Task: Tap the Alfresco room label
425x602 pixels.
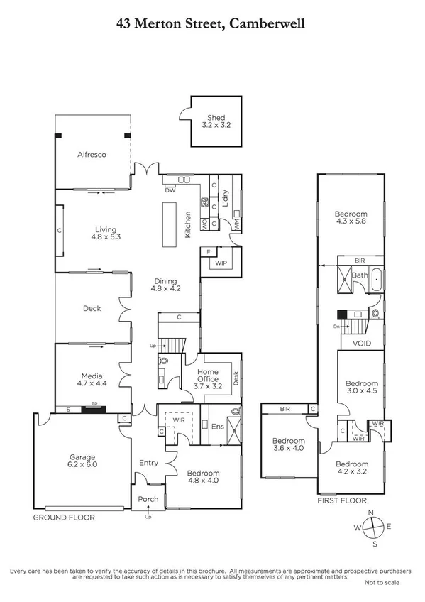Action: point(92,154)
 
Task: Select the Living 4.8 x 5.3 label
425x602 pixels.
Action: point(106,234)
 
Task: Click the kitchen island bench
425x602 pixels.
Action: point(170,224)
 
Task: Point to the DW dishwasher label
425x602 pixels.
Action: point(170,190)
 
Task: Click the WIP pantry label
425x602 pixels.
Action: point(220,263)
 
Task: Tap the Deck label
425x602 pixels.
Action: point(92,308)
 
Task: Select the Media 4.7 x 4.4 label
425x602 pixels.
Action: point(92,380)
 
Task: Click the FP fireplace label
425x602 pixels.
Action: point(92,408)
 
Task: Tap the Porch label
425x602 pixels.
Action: point(148,499)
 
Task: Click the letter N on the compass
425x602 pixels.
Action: point(369,512)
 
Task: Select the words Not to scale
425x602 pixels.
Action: point(382,582)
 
